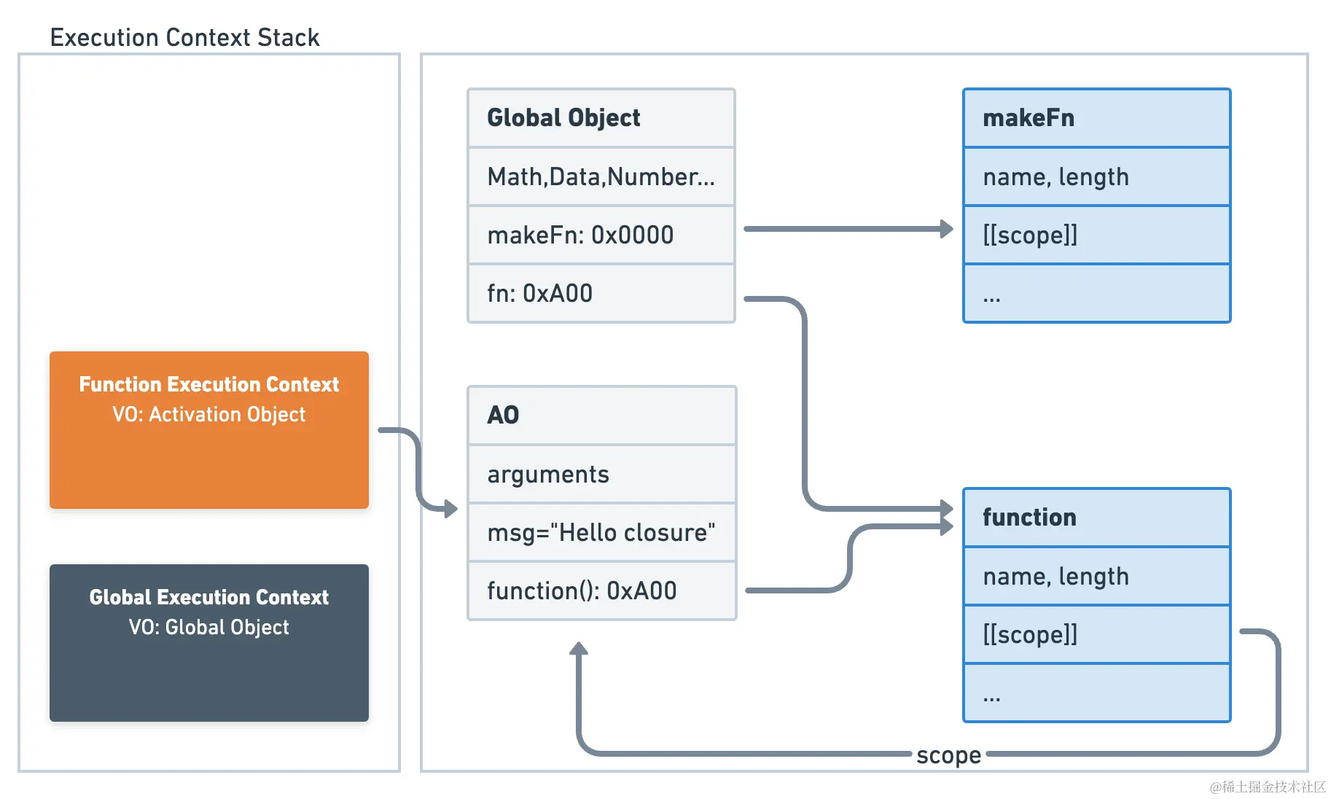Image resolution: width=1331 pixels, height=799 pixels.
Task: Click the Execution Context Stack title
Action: click(184, 37)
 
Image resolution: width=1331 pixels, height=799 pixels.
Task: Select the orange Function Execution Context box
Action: click(209, 430)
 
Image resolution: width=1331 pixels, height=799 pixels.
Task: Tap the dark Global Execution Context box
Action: click(209, 643)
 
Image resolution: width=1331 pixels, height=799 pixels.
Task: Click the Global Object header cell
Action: click(601, 118)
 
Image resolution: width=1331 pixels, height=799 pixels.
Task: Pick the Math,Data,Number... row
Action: click(601, 176)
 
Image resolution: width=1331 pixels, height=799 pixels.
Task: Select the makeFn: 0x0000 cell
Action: click(601, 235)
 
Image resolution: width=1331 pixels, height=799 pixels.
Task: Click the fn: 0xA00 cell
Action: click(601, 293)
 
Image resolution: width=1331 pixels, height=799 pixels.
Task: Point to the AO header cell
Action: click(602, 415)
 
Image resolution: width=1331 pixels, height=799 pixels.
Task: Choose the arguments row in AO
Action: click(602, 474)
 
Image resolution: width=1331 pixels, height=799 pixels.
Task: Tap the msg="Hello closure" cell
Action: click(602, 532)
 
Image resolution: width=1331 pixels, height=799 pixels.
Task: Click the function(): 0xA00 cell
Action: click(602, 591)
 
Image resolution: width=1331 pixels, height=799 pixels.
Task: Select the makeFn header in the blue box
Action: click(1097, 118)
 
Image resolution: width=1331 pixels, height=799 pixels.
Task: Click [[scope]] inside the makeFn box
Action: click(1097, 235)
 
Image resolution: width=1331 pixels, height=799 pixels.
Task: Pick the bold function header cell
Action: click(1097, 518)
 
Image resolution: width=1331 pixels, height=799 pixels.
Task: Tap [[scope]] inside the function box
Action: click(1097, 634)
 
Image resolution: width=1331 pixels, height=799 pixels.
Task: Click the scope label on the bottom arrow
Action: click(949, 755)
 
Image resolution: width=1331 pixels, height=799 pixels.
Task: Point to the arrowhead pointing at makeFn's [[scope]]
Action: click(947, 229)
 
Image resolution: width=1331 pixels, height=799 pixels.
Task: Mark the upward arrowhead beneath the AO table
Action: click(579, 648)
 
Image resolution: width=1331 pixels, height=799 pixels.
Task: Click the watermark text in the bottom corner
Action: click(1268, 787)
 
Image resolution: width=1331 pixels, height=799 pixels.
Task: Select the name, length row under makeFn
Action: click(1097, 176)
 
